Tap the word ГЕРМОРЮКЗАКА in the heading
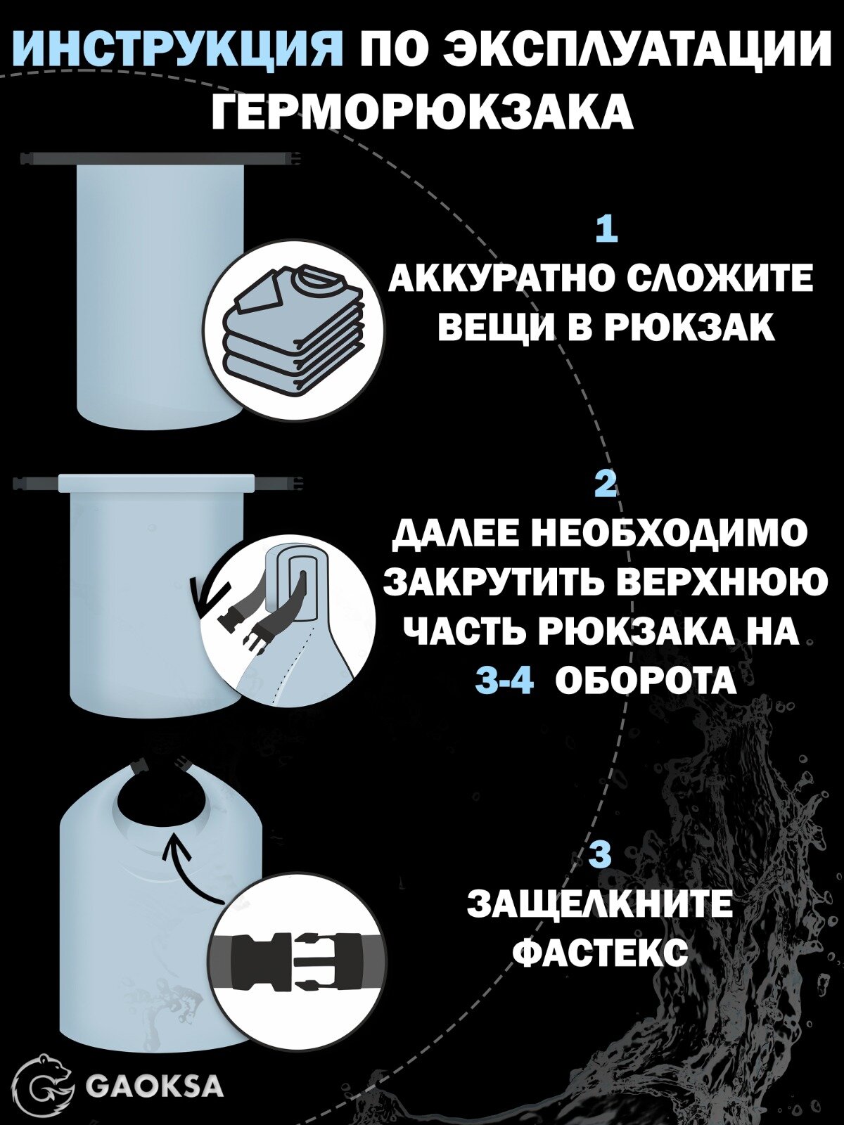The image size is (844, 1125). click(422, 112)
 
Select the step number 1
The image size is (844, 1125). click(606, 230)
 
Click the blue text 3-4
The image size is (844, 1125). click(504, 680)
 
